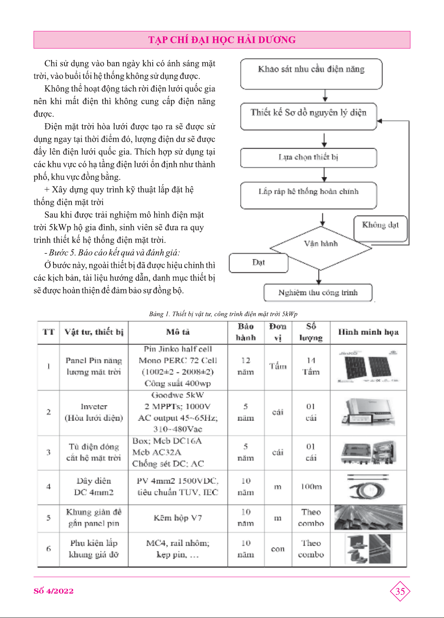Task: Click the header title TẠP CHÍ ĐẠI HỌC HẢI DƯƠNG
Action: pos(222,40)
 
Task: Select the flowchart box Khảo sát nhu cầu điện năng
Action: pos(311,73)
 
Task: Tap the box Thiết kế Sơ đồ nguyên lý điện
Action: pos(308,116)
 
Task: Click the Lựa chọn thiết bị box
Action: pos(308,157)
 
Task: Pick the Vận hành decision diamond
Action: pos(321,248)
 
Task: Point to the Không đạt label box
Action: pos(380,228)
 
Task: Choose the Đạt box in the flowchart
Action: pos(258,263)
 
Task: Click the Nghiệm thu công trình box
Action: pos(318,293)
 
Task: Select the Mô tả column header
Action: pos(178,332)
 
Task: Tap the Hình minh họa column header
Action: pos(368,332)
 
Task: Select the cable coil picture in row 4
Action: pos(368,487)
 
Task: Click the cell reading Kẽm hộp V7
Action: pos(178,518)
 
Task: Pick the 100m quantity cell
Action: pos(311,487)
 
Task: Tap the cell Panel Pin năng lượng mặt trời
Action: pos(94,366)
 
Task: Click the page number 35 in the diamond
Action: pos(400,591)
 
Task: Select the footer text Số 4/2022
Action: pos(53,591)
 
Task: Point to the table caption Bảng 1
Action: pos(223,314)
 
